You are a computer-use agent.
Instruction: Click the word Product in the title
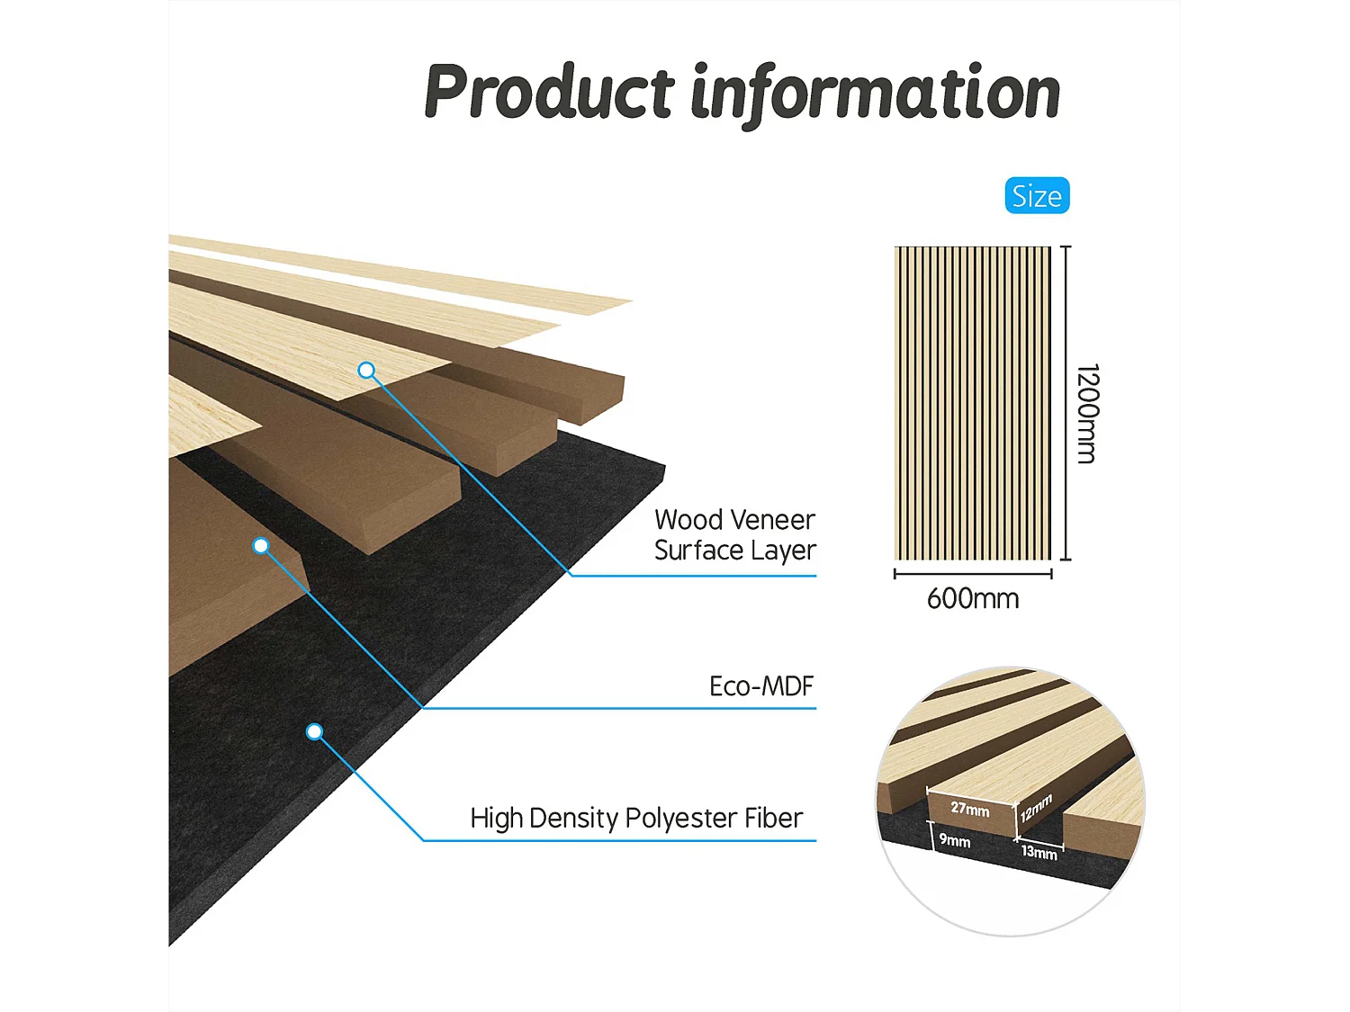pos(549,92)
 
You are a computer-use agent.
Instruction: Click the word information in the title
pos(875,92)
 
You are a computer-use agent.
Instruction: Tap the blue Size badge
pos(1037,196)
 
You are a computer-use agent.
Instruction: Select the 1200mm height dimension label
pos(1087,414)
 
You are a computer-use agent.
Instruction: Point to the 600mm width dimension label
pos(973,599)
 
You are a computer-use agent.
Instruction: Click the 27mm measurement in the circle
pos(970,809)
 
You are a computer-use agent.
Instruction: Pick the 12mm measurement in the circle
pos(1036,808)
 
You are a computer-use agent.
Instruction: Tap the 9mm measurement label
pos(955,841)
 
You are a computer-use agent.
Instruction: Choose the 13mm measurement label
pos(1039,852)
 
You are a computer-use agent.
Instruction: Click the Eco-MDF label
pos(761,686)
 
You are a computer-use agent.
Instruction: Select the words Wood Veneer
pos(734,520)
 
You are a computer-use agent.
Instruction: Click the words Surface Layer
pos(734,551)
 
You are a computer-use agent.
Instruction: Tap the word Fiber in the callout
pos(773,819)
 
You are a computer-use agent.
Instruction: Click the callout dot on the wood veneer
pos(366,371)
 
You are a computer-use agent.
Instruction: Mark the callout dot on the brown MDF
pos(261,546)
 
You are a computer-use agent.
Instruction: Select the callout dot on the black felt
pos(314,732)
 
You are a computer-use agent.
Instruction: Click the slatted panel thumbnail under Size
pos(973,403)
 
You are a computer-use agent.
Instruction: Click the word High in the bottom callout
pos(496,819)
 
